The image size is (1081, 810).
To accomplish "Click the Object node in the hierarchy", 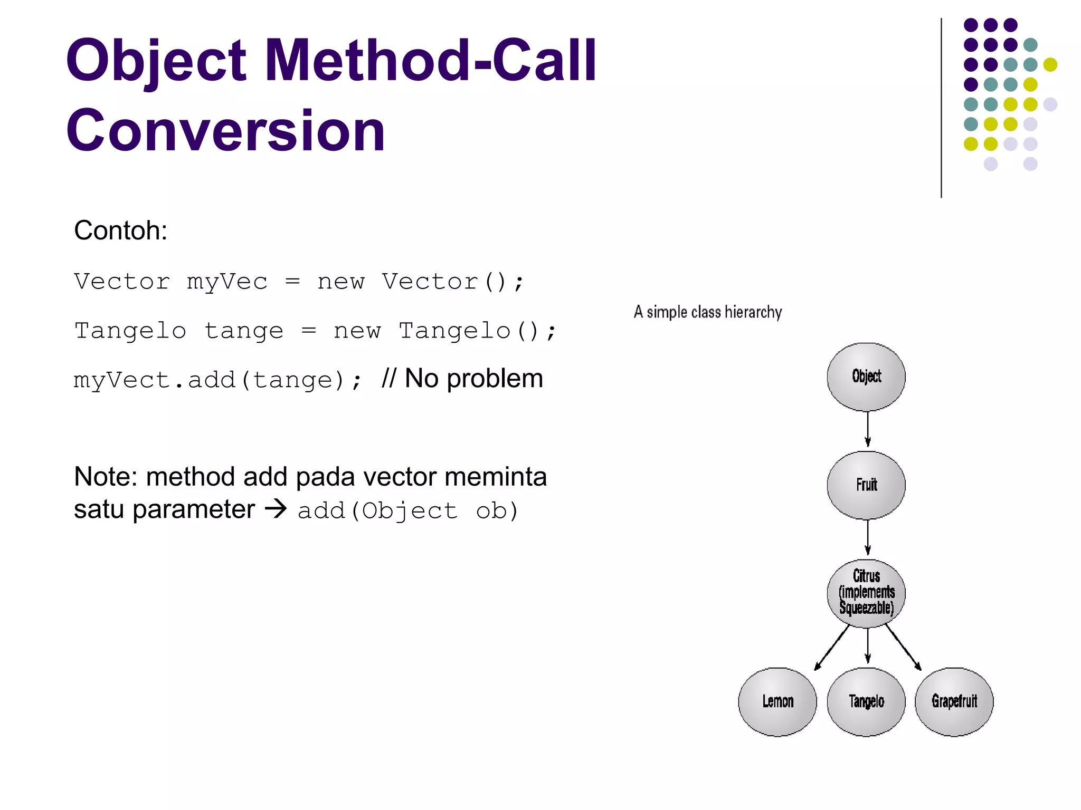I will pos(866,377).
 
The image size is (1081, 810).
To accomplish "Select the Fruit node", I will pos(866,485).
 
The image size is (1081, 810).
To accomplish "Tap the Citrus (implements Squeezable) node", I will pos(866,593).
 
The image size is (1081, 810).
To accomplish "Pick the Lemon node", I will pos(777,701).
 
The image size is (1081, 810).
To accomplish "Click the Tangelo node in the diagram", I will pos(866,701).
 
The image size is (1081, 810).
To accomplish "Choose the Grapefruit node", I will pos(954,701).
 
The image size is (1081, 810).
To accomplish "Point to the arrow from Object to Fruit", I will pos(868,429).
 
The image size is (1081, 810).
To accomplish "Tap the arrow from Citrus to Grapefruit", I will pos(903,648).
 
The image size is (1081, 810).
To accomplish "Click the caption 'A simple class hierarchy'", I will pos(708,312).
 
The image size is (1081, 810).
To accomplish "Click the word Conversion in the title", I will pos(225,131).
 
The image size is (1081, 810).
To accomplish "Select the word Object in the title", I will pos(156,61).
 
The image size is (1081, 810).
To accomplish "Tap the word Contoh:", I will pos(121,230).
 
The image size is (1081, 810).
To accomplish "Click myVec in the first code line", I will pos(227,282).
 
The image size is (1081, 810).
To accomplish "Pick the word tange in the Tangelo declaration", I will pos(244,331).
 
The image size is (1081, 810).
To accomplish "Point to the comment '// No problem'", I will pos(462,379).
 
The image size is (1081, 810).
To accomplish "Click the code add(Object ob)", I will pos(408,511).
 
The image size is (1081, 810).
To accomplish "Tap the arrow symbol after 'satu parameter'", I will pos(276,509).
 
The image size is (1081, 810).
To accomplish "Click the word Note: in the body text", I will pos(106,477).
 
